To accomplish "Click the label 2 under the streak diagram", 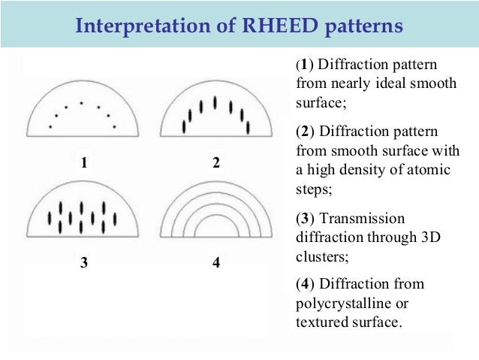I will point(216,162).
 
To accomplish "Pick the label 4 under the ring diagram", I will point(215,264).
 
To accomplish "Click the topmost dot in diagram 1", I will point(81,102).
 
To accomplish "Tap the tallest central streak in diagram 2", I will point(216,101).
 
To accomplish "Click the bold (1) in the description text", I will point(304,65).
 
